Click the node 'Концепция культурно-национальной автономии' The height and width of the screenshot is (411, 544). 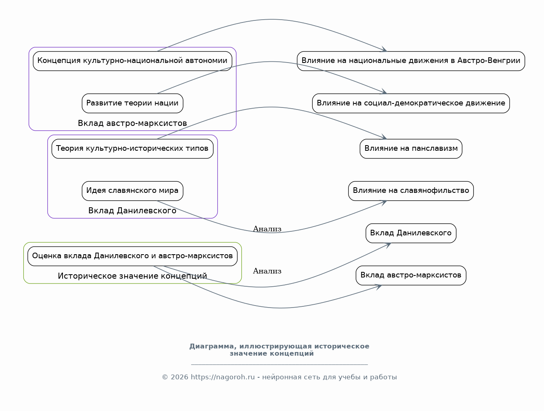coord(132,61)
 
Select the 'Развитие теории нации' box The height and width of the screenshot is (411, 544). coord(132,103)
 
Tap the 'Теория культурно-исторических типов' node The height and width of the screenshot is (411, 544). coord(132,148)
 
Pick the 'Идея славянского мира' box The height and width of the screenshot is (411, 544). coord(132,191)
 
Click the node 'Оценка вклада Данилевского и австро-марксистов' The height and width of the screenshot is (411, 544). coord(132,256)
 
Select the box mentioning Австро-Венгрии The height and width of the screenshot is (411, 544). coord(411,61)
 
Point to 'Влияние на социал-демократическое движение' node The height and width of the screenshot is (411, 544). coord(411,103)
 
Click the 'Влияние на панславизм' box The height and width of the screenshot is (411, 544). coord(411,148)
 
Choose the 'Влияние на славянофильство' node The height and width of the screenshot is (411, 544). coord(411,191)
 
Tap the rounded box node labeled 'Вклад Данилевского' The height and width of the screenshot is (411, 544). coord(411,233)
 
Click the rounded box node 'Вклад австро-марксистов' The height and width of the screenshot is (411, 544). coord(411,275)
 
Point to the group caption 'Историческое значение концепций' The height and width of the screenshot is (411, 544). coord(132,276)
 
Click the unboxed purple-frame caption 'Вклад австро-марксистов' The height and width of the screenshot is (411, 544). coord(132,123)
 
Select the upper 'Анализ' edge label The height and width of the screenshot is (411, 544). coord(267,229)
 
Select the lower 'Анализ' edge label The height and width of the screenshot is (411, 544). coord(267,271)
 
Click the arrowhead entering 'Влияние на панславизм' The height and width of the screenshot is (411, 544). coord(384,137)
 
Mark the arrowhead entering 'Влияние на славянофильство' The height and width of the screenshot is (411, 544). coord(384,202)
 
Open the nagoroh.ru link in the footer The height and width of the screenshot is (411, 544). coord(222,377)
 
